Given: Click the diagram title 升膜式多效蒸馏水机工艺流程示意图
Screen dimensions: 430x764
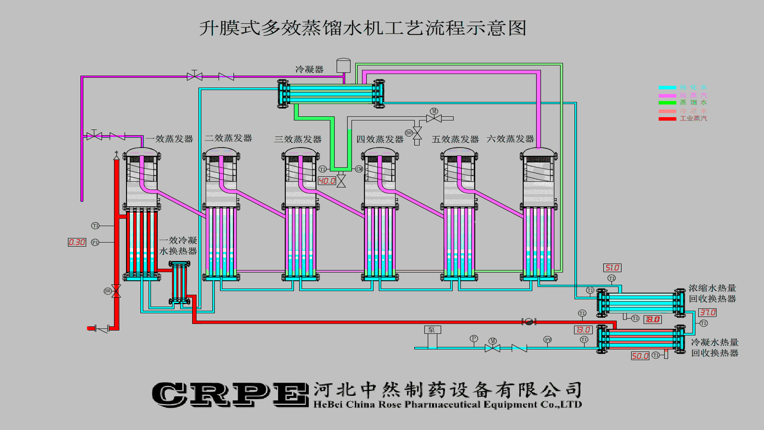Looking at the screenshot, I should coord(363,28).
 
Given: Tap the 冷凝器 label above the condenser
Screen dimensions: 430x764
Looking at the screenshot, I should coord(309,69).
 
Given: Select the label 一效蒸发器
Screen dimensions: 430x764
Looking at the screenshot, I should coord(170,139).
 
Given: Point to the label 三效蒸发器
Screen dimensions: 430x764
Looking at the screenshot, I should coord(298,139).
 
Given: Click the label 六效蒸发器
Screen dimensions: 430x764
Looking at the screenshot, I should coord(510,139).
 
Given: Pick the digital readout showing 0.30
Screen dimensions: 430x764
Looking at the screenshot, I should coord(77,242).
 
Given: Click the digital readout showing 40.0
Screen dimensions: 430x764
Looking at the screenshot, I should coord(327,181).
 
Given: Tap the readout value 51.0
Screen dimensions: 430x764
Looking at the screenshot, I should coord(612,268).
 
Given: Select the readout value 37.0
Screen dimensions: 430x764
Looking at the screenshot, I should coord(707,313).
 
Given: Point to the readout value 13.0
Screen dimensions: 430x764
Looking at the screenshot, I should coord(583,330).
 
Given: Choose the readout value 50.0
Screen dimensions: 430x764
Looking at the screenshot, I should coord(640,356).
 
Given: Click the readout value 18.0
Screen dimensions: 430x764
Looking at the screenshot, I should coord(653,319).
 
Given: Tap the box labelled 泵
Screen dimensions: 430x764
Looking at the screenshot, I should coord(432,330).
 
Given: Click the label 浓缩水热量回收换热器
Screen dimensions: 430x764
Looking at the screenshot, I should coord(712,293).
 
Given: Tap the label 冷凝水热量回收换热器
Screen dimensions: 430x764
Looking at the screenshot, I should coord(715,348).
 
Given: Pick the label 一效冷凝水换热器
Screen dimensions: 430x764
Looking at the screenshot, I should coord(178,246).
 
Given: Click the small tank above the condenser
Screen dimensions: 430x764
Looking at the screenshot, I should coord(343,66).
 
